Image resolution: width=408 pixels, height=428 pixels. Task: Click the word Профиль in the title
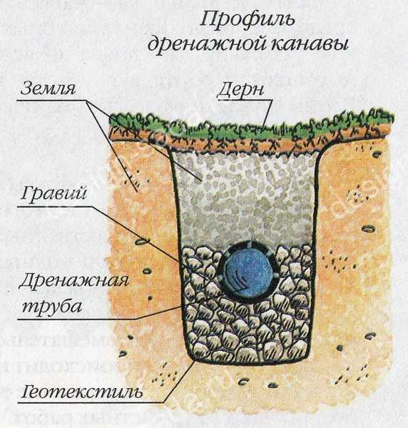(248, 21)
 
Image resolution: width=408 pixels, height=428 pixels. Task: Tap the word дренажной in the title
(207, 44)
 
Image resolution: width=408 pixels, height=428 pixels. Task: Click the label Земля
(48, 88)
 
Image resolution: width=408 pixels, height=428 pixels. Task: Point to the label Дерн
(240, 90)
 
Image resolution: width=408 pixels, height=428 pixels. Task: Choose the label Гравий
(53, 193)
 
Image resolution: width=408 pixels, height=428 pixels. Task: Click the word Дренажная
(73, 281)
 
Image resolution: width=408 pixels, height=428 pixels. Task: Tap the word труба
(51, 306)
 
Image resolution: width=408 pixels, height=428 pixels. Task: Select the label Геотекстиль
(82, 392)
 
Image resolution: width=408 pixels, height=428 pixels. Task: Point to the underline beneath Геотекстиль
(91, 402)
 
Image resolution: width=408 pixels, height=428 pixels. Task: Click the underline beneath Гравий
(55, 207)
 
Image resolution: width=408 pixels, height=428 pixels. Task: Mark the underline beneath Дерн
(245, 100)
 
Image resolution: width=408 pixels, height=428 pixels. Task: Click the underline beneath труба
(76, 319)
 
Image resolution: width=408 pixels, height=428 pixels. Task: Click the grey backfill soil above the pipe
(245, 197)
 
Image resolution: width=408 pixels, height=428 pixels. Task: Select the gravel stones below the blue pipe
(245, 333)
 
